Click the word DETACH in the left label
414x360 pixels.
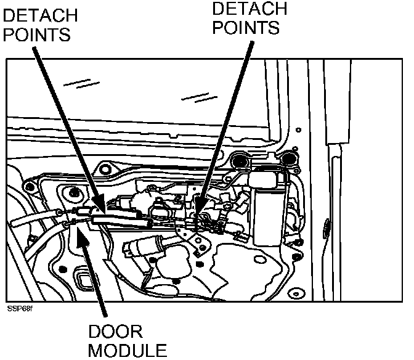41,14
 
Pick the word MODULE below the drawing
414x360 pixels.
126,351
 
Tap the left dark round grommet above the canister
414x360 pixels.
239,161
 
